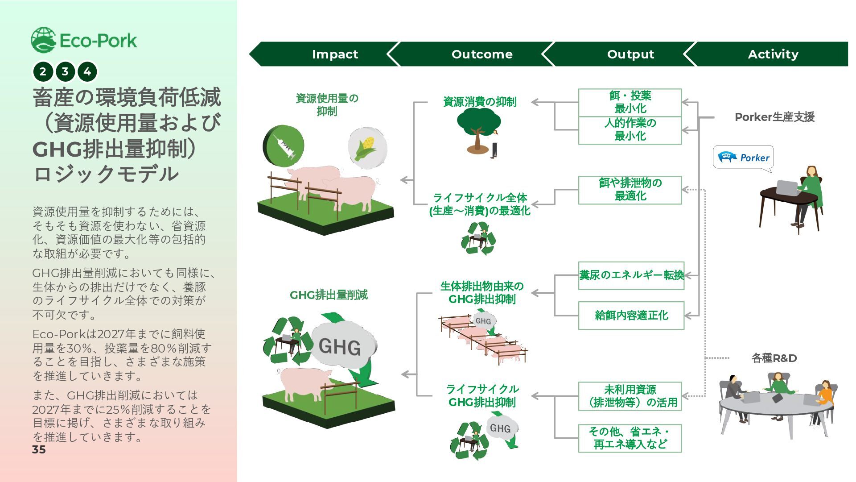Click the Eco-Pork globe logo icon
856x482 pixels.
point(43,40)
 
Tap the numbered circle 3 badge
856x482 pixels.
point(65,71)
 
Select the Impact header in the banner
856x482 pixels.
point(335,54)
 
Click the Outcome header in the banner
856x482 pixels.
point(482,54)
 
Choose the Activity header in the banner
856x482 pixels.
point(773,54)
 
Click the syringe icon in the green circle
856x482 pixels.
point(284,146)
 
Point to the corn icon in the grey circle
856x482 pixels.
point(367,147)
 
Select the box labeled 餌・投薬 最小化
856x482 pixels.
point(630,102)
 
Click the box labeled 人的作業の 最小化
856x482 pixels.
point(630,130)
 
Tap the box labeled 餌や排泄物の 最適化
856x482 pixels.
point(630,190)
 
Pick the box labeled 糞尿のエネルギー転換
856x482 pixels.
point(631,275)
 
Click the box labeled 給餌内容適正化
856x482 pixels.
point(631,316)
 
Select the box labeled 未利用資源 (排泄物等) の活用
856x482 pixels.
point(630,396)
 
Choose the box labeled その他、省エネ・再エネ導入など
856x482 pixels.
point(630,438)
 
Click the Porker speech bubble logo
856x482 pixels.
point(743,158)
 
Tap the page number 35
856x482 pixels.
point(39,449)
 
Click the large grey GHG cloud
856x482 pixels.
point(342,346)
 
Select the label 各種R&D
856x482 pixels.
point(774,358)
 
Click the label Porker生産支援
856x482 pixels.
point(774,117)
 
